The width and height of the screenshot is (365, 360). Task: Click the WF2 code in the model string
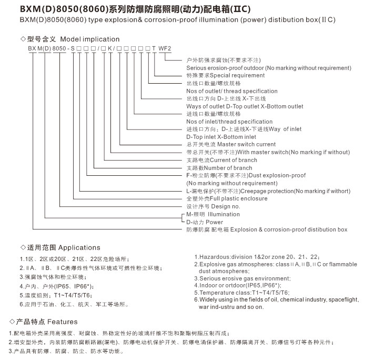[166, 48]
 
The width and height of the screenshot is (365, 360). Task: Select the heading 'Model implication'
[90, 39]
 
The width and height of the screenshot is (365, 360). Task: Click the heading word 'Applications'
[79, 247]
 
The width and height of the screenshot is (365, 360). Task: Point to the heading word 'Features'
[63, 322]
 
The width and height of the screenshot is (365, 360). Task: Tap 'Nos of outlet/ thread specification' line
[232, 91]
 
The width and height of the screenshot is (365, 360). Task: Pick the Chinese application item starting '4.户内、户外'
[57, 286]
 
